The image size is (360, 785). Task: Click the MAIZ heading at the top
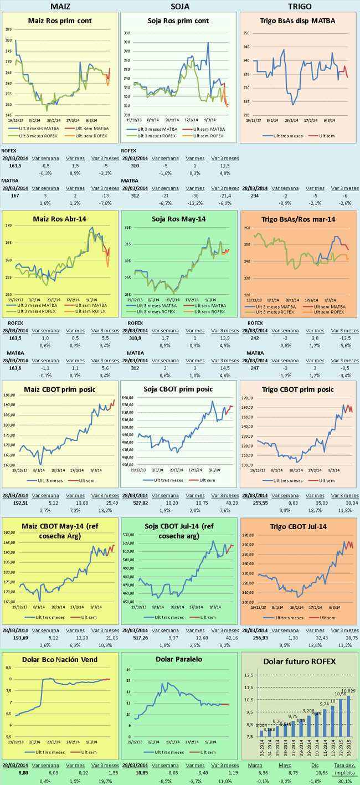pos(60,6)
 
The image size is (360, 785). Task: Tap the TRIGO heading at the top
pos(300,6)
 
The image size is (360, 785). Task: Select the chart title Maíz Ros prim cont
pos(60,21)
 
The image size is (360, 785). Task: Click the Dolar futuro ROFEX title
pos(299,661)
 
